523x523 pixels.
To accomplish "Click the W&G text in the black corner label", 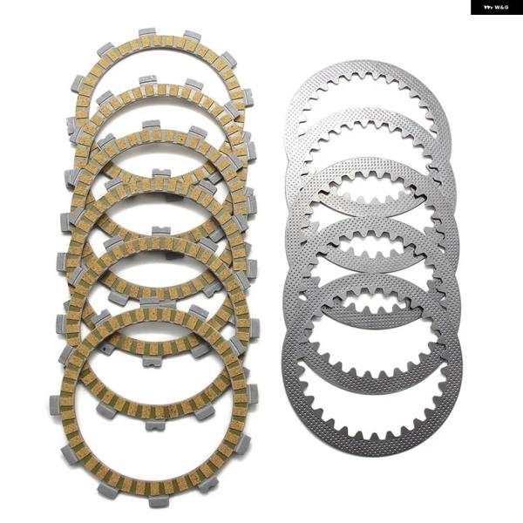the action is (x=501, y=7).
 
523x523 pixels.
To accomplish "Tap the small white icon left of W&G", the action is (x=487, y=7).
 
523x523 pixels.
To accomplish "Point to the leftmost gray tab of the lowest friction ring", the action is (x=55, y=404).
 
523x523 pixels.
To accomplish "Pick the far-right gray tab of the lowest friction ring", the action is (x=253, y=395).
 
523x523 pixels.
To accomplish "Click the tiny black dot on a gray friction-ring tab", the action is (x=105, y=350).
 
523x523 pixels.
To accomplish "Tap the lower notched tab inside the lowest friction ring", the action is (x=155, y=425).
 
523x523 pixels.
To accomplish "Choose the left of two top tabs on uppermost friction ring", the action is (x=146, y=32).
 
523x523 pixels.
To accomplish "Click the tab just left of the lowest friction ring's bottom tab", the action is (x=107, y=490).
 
